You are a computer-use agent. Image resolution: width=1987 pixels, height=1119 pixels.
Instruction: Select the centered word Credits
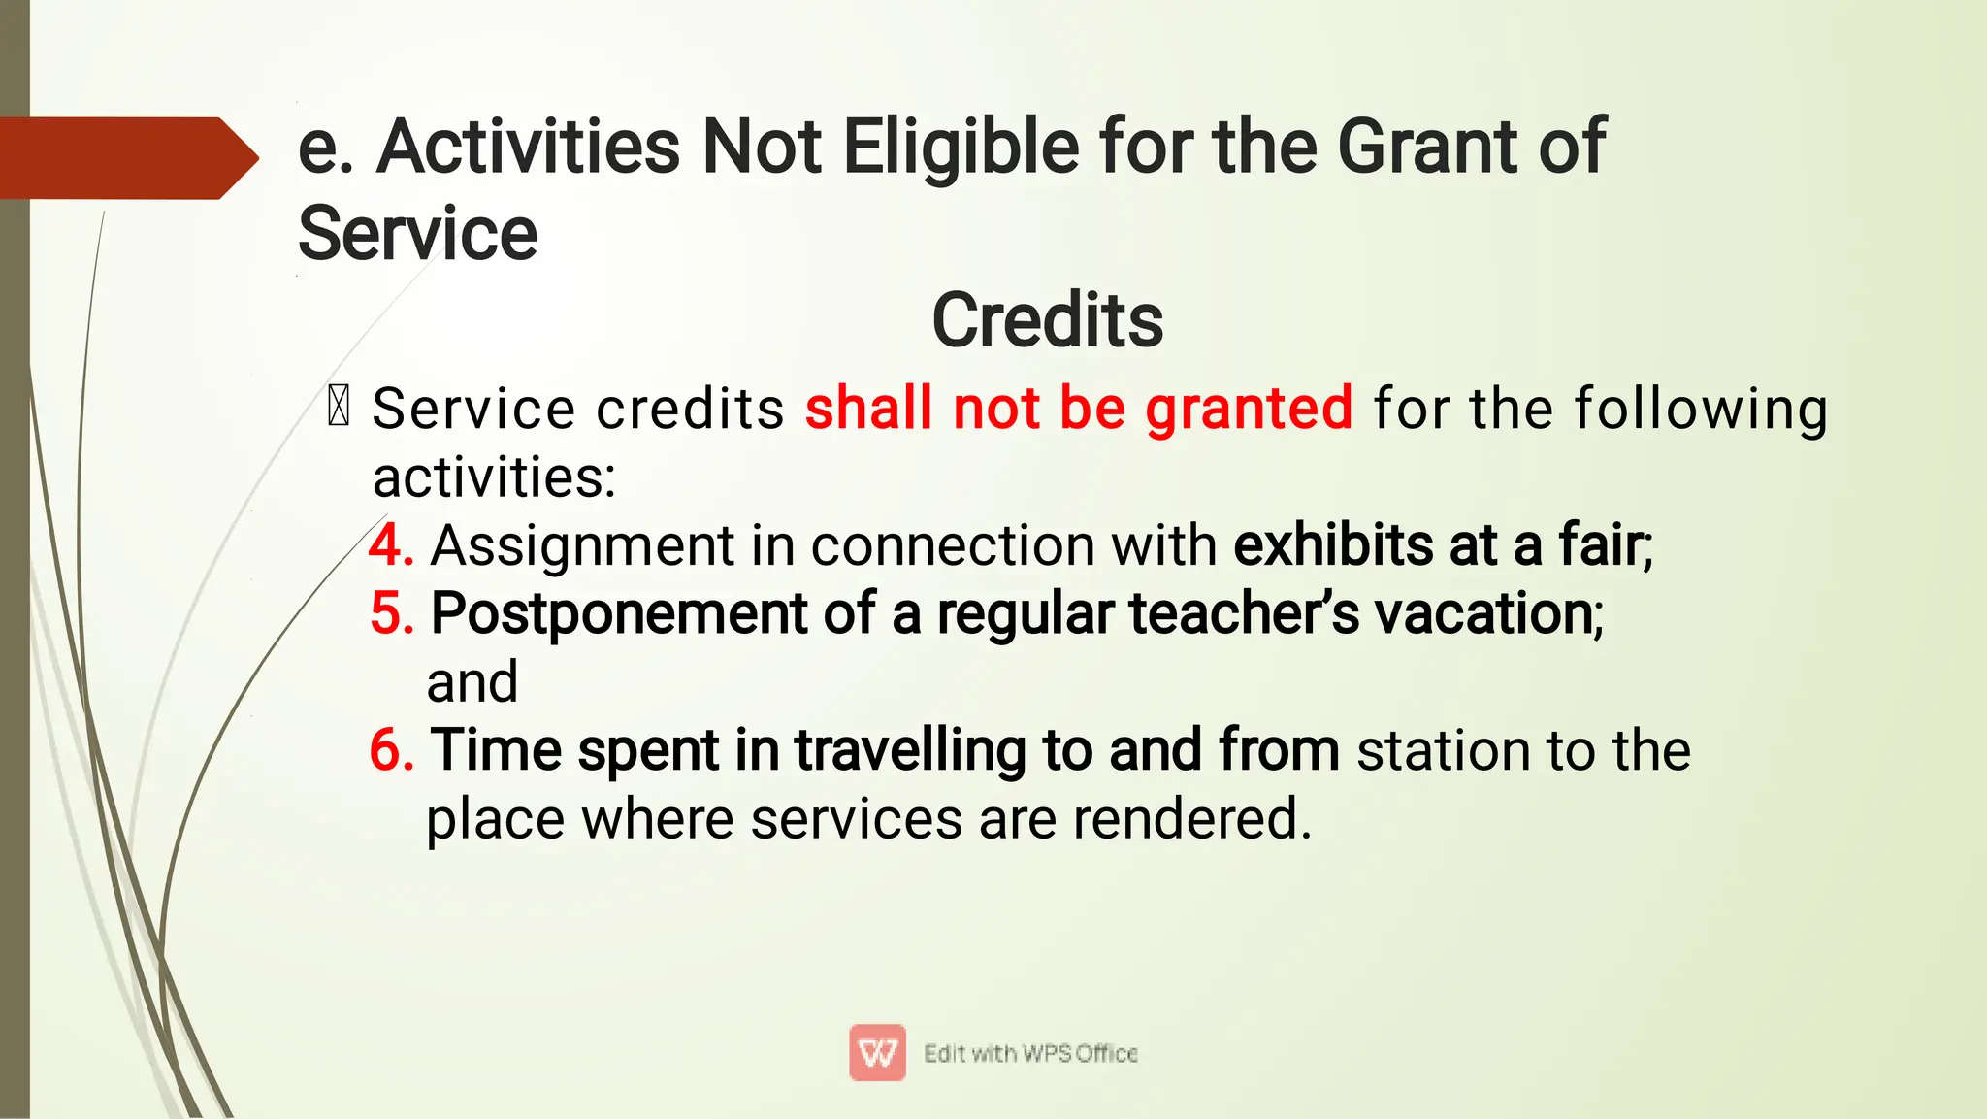point(1047,320)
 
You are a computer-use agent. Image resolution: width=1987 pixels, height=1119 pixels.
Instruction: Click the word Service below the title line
point(417,234)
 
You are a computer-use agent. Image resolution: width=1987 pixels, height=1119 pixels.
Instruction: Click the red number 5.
point(391,613)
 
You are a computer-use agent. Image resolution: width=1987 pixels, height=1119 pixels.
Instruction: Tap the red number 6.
point(391,750)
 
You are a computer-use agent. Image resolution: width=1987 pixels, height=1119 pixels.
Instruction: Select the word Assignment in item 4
point(582,545)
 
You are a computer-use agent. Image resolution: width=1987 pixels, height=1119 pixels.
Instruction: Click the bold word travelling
point(910,750)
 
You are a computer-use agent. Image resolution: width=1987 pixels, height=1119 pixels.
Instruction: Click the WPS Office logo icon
point(877,1052)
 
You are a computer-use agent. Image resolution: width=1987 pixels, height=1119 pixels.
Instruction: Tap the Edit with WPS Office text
point(1030,1053)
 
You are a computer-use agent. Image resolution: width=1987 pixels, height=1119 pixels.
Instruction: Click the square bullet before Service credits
point(339,406)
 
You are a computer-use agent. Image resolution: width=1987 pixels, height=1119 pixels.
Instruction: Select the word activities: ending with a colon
point(494,477)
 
